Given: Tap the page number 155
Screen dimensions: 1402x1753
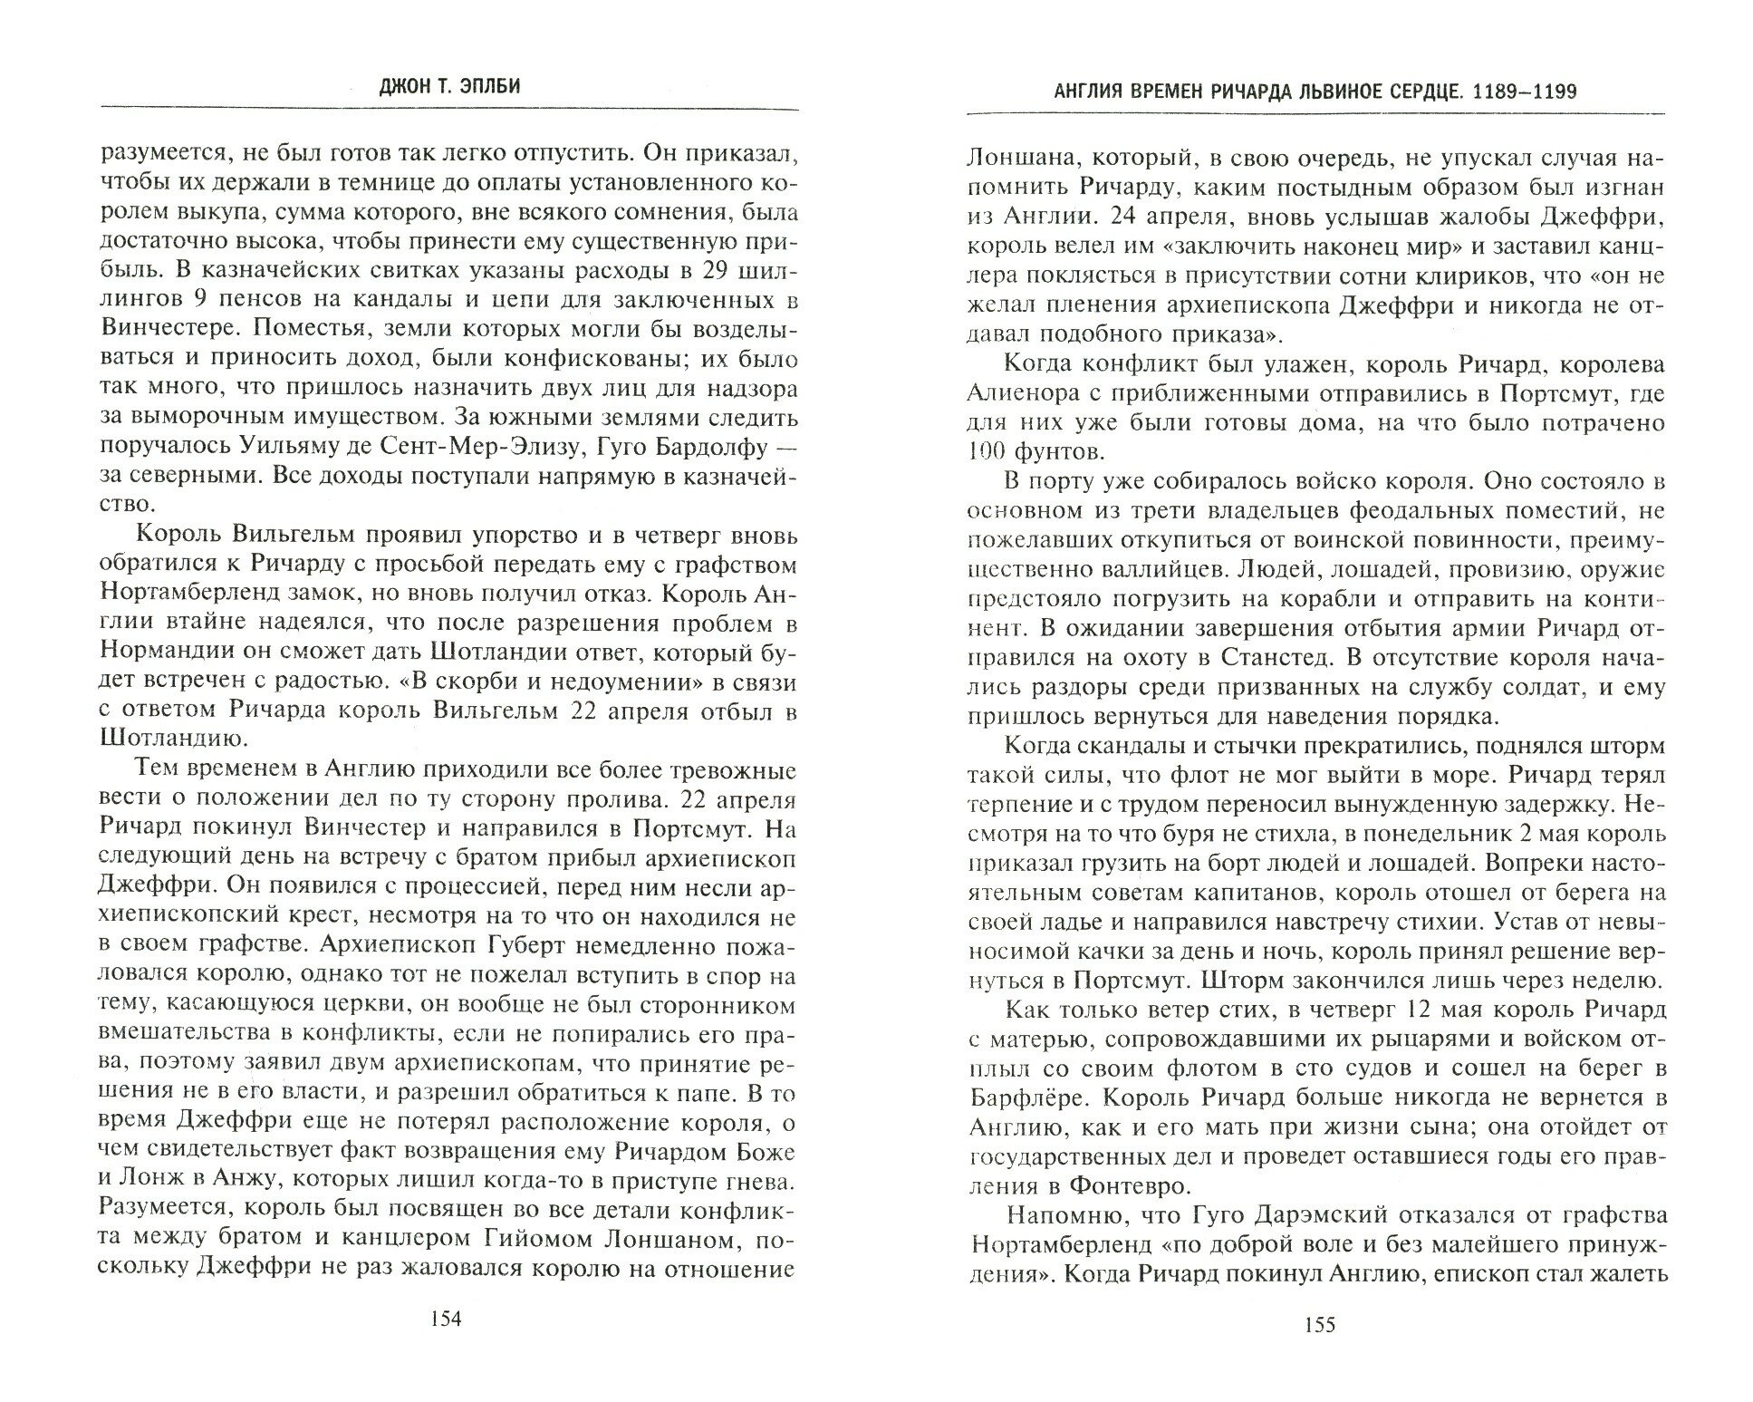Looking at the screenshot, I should pyautogui.click(x=1318, y=1350).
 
